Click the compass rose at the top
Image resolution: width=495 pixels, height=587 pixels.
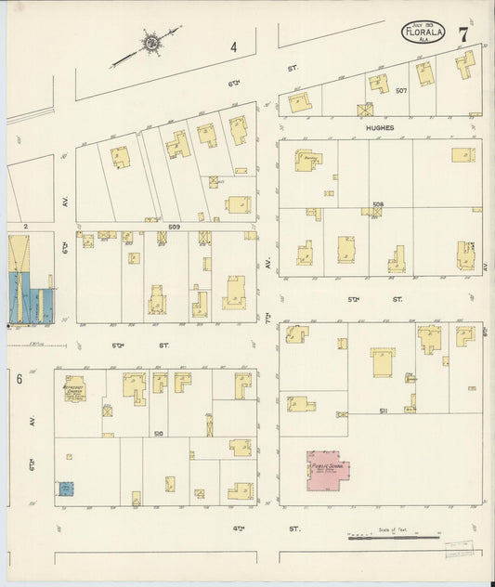[x=150, y=42]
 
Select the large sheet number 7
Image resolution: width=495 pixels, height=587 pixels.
[x=462, y=34]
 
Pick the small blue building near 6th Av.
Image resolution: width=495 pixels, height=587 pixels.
[x=66, y=488]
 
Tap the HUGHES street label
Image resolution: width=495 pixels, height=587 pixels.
[x=379, y=128]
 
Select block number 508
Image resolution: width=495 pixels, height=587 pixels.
[x=378, y=204]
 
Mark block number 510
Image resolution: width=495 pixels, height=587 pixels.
[x=158, y=433]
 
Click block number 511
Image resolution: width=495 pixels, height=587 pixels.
[x=383, y=410]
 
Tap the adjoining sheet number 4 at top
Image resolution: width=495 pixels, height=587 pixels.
[x=234, y=46]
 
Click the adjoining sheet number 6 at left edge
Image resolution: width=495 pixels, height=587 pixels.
[x=18, y=378]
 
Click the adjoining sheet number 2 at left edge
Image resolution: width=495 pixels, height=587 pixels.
[x=27, y=226]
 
